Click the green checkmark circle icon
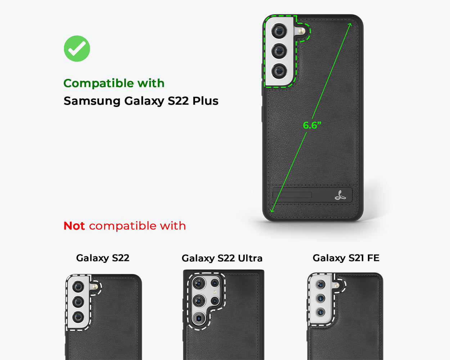[x=77, y=49]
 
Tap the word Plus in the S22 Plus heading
[x=205, y=101]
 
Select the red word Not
[x=74, y=226]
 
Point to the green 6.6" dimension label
[x=312, y=125]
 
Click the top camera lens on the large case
[x=279, y=31]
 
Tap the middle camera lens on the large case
[x=279, y=51]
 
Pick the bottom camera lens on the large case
[x=279, y=71]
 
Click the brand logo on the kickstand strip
[x=340, y=195]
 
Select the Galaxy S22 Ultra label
[x=222, y=258]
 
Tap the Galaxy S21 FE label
[x=346, y=258]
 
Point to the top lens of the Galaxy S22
[x=78, y=287]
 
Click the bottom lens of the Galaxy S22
[x=78, y=317]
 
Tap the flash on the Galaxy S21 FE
[x=336, y=285]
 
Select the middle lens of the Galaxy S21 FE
[x=320, y=298]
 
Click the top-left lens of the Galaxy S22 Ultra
[x=198, y=283]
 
